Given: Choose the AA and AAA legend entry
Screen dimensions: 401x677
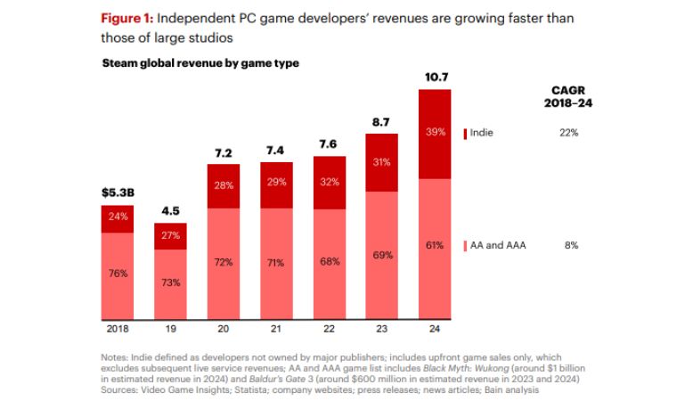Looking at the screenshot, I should click(495, 245).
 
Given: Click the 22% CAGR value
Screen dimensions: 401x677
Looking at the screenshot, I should click(569, 133).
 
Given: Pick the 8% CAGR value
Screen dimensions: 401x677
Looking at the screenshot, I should click(570, 245).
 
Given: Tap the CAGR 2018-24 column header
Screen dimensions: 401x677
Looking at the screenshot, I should click(569, 96).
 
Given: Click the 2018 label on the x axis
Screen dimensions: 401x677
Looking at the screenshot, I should click(117, 328).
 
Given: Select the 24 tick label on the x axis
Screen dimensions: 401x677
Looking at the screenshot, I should click(434, 328).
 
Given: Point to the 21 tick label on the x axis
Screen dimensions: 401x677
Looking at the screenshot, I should click(275, 328).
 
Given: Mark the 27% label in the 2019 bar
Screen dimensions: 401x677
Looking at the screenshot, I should click(170, 235).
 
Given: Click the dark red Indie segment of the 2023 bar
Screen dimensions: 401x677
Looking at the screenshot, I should click(381, 162).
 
